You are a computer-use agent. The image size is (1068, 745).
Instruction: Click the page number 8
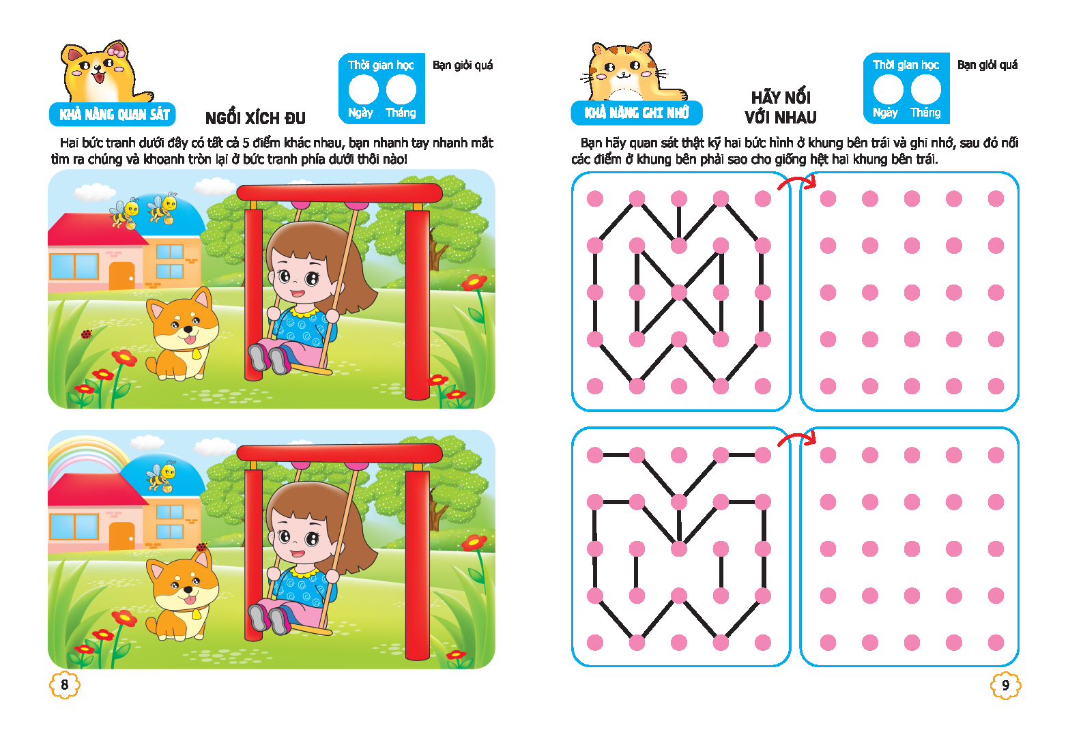[64, 685]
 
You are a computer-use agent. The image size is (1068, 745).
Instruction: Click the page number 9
[1005, 686]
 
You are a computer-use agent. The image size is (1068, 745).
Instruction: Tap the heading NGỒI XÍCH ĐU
[255, 118]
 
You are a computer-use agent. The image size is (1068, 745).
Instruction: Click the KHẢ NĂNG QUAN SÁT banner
[113, 115]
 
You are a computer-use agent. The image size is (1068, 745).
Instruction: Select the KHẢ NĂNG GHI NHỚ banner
[637, 113]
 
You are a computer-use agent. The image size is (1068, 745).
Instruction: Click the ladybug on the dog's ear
[202, 546]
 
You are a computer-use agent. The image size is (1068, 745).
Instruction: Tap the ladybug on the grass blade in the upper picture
[86, 334]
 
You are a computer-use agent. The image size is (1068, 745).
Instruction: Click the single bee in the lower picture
[160, 476]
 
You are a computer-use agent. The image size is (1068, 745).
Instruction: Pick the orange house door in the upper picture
[122, 276]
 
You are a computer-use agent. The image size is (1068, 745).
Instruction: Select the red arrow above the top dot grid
[797, 183]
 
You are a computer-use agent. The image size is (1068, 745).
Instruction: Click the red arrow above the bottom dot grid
[797, 439]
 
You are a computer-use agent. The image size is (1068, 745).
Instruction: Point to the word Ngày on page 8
[360, 113]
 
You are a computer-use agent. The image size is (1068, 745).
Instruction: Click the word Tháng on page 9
[925, 113]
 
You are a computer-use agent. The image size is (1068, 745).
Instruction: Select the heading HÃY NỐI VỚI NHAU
[781, 107]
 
